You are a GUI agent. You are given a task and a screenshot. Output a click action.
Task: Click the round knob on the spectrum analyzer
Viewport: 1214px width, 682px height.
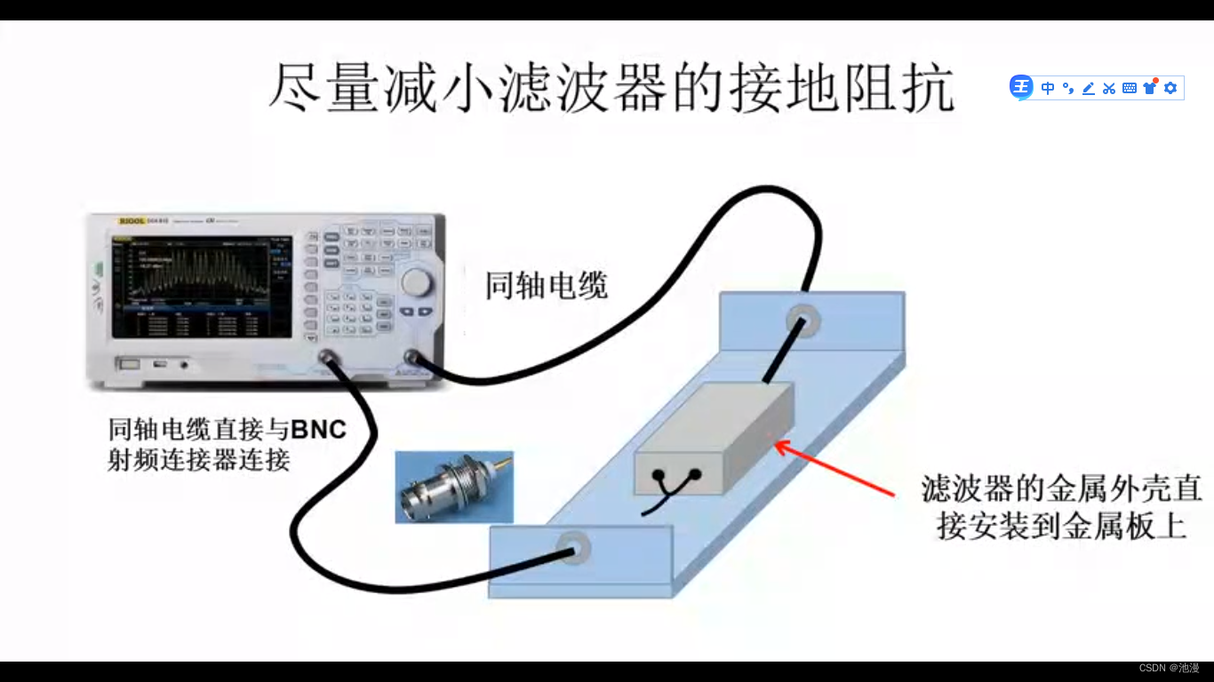tap(415, 282)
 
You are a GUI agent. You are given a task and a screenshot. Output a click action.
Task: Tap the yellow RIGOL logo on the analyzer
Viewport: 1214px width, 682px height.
tap(132, 220)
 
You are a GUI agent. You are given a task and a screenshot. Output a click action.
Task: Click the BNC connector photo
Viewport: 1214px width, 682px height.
tap(454, 486)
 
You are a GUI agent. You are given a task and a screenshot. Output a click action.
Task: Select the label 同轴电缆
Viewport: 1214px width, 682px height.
tap(546, 286)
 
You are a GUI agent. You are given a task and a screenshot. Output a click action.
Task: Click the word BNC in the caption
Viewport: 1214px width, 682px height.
tap(318, 430)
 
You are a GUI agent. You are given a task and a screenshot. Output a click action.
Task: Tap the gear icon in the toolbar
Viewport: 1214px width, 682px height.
tap(1170, 88)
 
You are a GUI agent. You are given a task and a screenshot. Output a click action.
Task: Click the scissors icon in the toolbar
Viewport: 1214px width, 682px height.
tap(1108, 88)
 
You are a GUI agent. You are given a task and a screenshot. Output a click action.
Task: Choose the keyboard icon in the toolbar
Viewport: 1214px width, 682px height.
tap(1130, 88)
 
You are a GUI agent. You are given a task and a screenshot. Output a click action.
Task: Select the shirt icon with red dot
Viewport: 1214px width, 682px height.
tap(1150, 87)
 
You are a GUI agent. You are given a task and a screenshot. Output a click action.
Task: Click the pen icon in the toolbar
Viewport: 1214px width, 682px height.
tap(1088, 88)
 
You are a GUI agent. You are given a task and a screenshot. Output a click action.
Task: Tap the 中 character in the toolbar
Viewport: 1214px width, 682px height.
tap(1048, 88)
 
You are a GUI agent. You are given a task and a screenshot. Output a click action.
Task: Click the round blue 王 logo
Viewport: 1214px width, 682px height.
tap(1021, 87)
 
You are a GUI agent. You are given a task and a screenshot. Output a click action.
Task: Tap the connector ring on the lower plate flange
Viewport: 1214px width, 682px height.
tap(573, 549)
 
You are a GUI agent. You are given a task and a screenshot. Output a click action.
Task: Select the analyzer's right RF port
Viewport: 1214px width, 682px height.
tap(411, 358)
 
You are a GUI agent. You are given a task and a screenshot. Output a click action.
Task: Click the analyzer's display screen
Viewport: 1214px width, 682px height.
tap(201, 286)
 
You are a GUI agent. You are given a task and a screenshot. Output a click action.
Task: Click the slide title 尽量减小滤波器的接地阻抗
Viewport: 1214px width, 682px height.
tap(611, 87)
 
